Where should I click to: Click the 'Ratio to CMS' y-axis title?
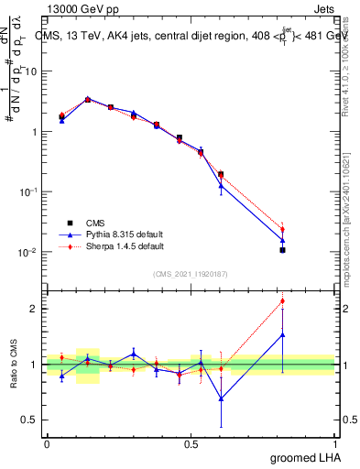tap(13, 365)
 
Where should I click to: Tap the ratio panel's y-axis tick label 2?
tap(35, 309)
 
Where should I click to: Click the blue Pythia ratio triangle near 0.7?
tap(221, 398)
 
